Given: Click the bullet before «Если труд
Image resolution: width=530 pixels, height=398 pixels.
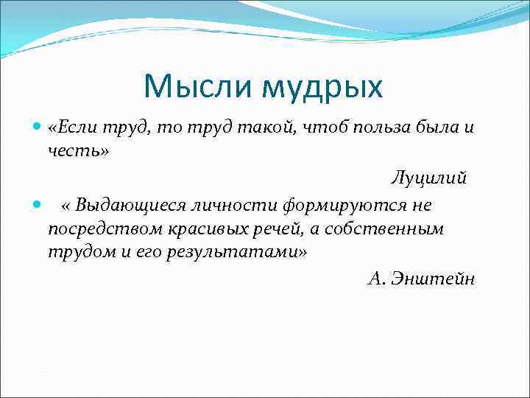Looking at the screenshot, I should tap(38, 128).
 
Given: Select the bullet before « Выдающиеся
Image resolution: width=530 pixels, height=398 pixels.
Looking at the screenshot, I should tap(38, 204).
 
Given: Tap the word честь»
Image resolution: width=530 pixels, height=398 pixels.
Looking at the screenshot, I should tap(78, 151).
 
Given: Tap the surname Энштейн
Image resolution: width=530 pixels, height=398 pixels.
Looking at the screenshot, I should tap(435, 278).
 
